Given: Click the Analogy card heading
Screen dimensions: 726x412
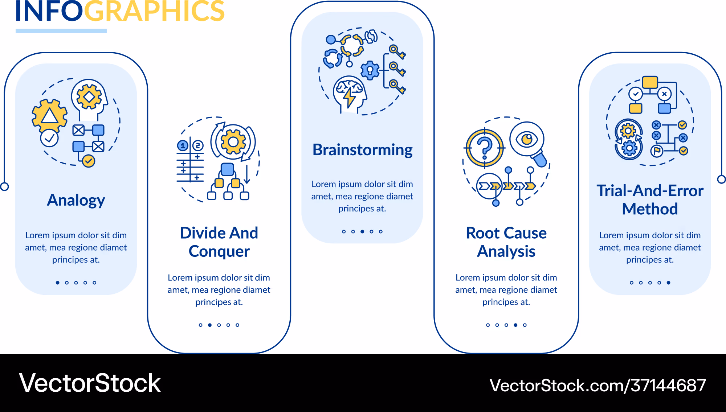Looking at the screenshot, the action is tap(76, 200).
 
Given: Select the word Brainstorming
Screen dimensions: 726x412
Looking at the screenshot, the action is tap(362, 150).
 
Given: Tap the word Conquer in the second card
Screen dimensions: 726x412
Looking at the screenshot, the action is tap(219, 251).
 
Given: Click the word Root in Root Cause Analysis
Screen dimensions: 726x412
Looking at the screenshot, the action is tap(483, 233).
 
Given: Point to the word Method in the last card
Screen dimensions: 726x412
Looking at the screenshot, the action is tap(650, 209).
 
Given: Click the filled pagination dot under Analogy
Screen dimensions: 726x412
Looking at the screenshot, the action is tap(57, 283).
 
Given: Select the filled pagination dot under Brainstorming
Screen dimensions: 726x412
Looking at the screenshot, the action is tap(362, 231).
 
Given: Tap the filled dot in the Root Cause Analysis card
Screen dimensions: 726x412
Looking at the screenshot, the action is tap(515, 325).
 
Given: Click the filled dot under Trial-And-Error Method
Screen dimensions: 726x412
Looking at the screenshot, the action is tap(668, 283).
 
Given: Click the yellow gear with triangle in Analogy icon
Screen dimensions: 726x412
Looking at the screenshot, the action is tap(50, 115).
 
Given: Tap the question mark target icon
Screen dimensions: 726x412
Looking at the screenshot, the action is tap(485, 148).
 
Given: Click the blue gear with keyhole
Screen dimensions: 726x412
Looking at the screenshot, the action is tap(370, 70).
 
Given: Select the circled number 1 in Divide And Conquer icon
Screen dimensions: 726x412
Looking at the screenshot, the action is tap(183, 146).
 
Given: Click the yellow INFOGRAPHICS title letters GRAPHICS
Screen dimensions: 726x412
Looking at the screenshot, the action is tap(154, 11).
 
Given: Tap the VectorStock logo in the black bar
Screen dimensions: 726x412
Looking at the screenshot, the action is tap(90, 383).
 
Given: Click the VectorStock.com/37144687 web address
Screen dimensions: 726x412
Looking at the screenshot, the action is tap(597, 385).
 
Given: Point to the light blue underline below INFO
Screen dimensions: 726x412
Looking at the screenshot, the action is tap(61, 31).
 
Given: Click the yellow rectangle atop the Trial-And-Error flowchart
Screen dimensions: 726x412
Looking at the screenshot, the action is tap(650, 82).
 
